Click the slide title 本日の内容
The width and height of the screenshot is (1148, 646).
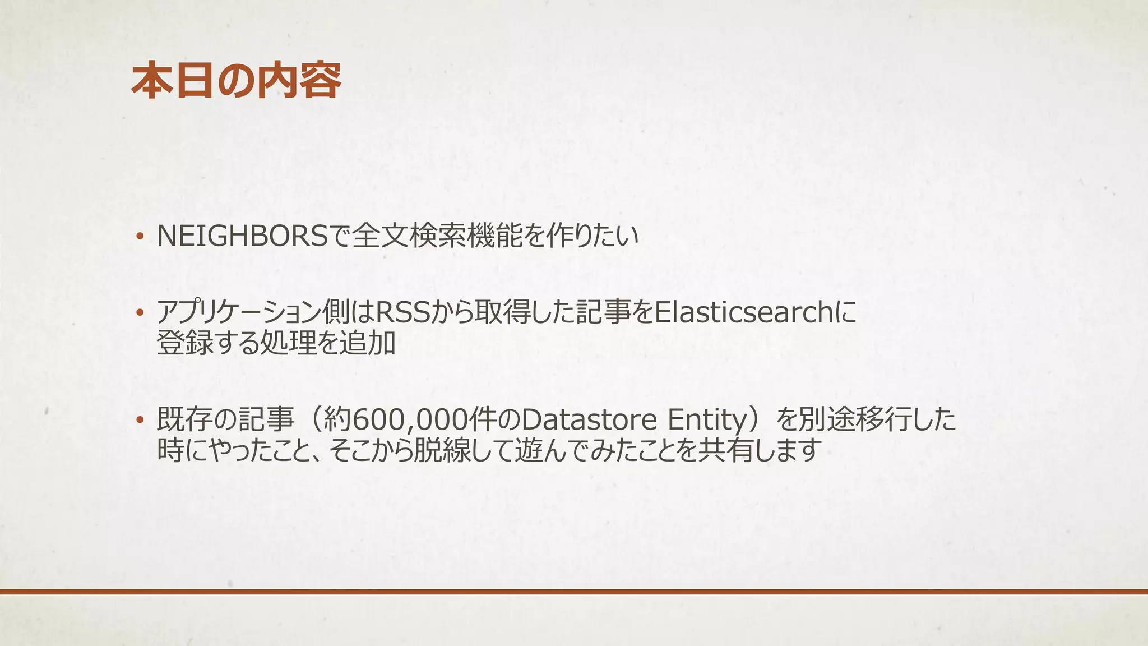236,81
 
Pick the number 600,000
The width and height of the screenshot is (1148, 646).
413,419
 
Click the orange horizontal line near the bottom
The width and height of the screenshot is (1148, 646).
574,592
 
